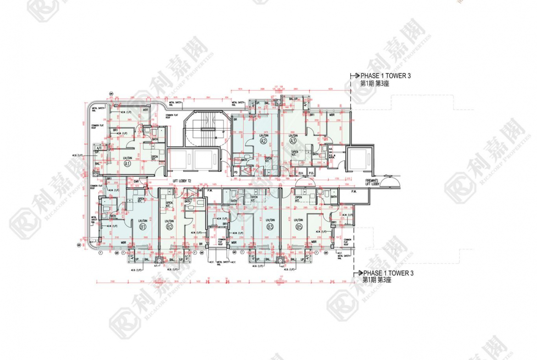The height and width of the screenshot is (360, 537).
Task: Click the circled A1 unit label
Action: (127, 163)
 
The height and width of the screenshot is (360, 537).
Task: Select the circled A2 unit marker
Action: (263, 141)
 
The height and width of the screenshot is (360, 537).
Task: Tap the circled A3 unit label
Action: (293, 141)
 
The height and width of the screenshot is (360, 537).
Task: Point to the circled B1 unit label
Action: (143, 227)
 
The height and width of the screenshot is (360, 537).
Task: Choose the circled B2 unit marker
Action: (169, 227)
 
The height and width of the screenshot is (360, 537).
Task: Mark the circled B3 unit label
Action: (270, 227)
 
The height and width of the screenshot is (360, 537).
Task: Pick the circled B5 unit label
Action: (299, 227)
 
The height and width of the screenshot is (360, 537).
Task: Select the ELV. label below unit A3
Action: (301, 173)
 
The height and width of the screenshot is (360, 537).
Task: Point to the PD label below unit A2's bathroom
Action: (236, 173)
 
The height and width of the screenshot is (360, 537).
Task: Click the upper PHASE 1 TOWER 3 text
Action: (385, 76)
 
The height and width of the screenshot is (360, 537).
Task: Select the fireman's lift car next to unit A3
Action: (357, 161)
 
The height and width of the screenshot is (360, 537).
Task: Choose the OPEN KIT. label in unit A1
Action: (155, 158)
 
